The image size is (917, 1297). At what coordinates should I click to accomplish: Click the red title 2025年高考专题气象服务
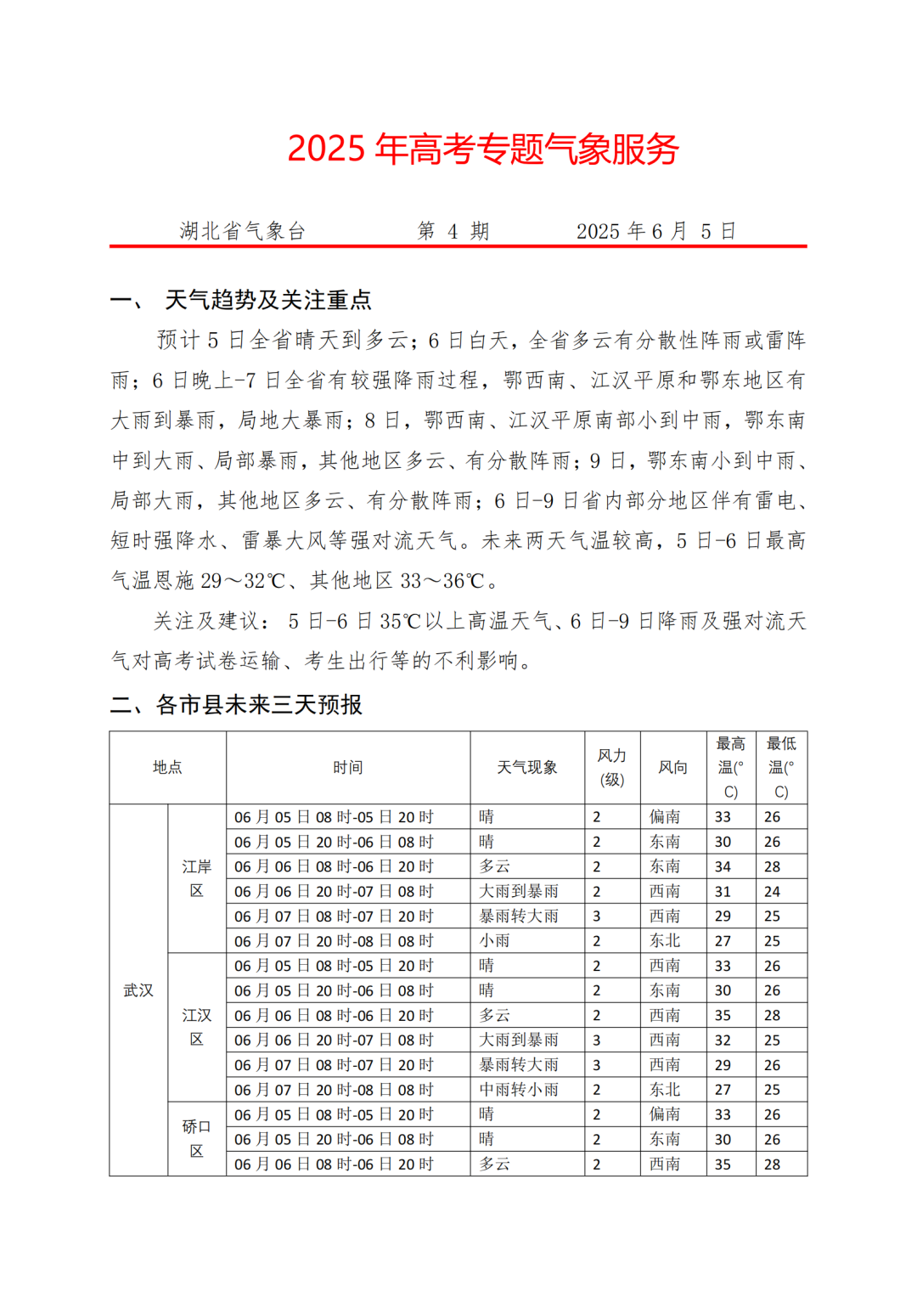(x=482, y=149)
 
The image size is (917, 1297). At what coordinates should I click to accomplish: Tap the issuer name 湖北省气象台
(x=242, y=231)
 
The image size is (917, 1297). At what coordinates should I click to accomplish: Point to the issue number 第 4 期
(x=453, y=231)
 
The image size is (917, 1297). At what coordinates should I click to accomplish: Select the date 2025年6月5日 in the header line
(x=655, y=231)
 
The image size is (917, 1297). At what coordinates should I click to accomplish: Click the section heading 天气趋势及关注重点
(x=267, y=300)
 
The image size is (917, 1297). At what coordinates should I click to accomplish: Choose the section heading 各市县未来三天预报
(x=259, y=705)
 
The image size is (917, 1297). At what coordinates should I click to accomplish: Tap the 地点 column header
(x=167, y=768)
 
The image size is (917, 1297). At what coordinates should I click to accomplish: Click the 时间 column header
(x=347, y=768)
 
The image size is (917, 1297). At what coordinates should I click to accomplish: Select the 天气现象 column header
(x=526, y=768)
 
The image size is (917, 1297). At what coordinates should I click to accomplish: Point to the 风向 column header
(x=672, y=768)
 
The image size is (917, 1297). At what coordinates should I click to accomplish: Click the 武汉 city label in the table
(x=138, y=990)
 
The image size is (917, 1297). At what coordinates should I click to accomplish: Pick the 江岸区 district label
(x=196, y=878)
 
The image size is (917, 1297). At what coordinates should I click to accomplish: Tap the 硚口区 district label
(x=196, y=1138)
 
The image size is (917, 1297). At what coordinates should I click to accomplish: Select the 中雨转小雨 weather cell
(x=519, y=1090)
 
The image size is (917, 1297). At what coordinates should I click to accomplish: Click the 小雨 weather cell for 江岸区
(x=495, y=941)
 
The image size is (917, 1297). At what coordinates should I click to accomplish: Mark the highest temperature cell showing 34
(x=723, y=866)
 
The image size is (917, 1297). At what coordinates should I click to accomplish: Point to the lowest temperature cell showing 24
(x=772, y=892)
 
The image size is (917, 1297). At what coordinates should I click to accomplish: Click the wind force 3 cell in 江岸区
(x=597, y=916)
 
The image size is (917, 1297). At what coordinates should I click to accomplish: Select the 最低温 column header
(x=781, y=768)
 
